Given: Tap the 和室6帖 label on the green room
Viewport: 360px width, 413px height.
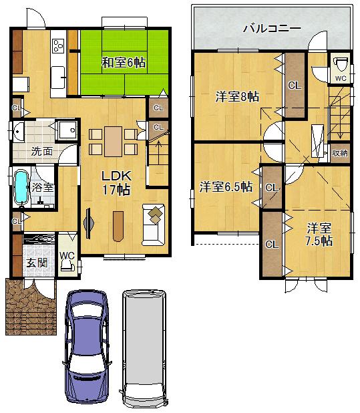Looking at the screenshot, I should pyautogui.click(x=124, y=63).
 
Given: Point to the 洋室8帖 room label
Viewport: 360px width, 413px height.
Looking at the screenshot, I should pyautogui.click(x=236, y=97).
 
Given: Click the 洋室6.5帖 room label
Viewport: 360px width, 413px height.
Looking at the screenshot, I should pyautogui.click(x=226, y=186).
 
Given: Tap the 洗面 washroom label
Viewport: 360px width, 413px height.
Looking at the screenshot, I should pyautogui.click(x=41, y=151).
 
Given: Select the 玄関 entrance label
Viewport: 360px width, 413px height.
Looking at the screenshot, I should pyautogui.click(x=36, y=263).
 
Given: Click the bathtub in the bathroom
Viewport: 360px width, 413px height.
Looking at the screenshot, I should pyautogui.click(x=21, y=186).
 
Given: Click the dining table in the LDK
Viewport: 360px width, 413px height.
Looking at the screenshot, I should pyautogui.click(x=114, y=140).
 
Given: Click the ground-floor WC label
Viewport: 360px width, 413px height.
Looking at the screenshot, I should pyautogui.click(x=67, y=255).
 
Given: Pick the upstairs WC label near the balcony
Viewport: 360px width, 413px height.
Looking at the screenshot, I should pyautogui.click(x=340, y=78).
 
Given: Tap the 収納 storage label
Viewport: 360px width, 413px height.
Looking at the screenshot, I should pyautogui.click(x=340, y=153).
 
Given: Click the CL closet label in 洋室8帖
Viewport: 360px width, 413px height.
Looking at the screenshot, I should pyautogui.click(x=294, y=86).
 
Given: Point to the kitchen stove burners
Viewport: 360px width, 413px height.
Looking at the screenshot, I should pyautogui.click(x=58, y=45).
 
